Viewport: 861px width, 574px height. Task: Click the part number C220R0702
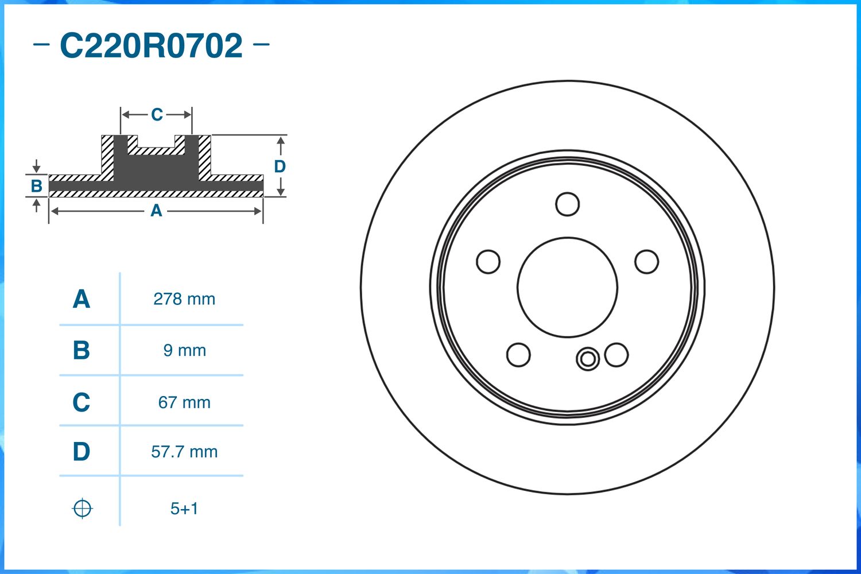(x=151, y=46)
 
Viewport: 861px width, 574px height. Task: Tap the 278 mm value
(x=184, y=299)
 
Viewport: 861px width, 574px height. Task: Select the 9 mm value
(x=184, y=350)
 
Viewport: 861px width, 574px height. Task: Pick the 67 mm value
(x=184, y=402)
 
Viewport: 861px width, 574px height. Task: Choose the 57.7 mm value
(x=184, y=452)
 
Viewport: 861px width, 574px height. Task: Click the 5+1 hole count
(x=184, y=509)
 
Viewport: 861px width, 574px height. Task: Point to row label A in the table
(x=82, y=299)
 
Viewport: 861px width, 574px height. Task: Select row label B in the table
(x=82, y=350)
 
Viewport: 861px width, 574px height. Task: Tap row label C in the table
(x=82, y=402)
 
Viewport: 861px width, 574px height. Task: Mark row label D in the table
(x=82, y=452)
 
